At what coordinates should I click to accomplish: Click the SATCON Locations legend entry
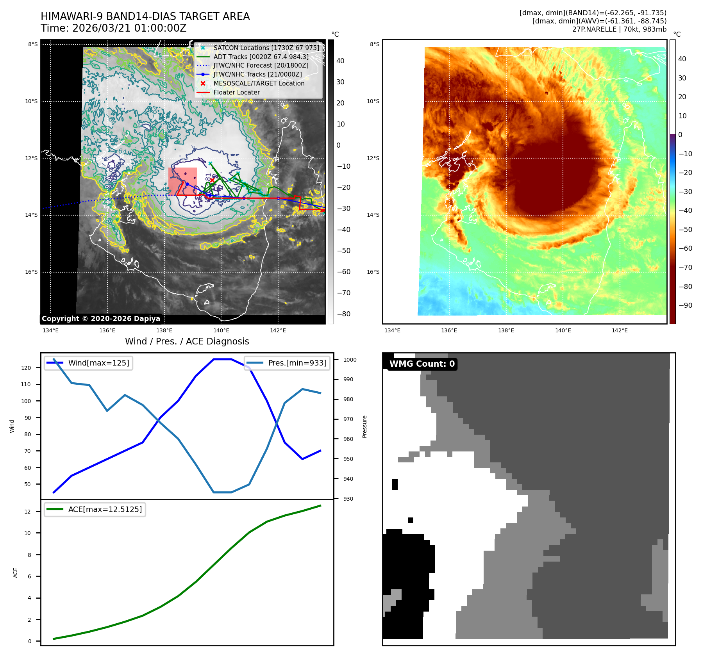click(266, 48)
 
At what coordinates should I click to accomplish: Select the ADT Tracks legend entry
click(261, 57)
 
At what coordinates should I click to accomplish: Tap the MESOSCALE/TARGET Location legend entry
click(259, 83)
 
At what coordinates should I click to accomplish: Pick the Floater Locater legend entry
click(236, 92)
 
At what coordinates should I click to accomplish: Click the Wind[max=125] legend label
click(98, 363)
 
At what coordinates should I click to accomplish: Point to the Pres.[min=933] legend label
click(297, 363)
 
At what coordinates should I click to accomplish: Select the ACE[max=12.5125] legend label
click(105, 509)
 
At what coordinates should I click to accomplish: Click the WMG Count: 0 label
click(422, 364)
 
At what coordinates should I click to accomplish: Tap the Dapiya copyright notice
click(101, 319)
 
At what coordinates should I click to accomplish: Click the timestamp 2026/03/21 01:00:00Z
click(129, 28)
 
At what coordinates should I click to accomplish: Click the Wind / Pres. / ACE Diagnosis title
click(187, 341)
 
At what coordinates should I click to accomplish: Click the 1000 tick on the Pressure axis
click(350, 360)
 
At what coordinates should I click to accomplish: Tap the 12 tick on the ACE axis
click(27, 512)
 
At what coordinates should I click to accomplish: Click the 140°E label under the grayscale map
click(221, 330)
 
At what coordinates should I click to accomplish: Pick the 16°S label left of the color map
click(373, 272)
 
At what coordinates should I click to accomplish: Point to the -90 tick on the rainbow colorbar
click(685, 305)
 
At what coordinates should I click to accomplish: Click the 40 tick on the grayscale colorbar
click(340, 61)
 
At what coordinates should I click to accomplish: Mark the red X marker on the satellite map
click(212, 180)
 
